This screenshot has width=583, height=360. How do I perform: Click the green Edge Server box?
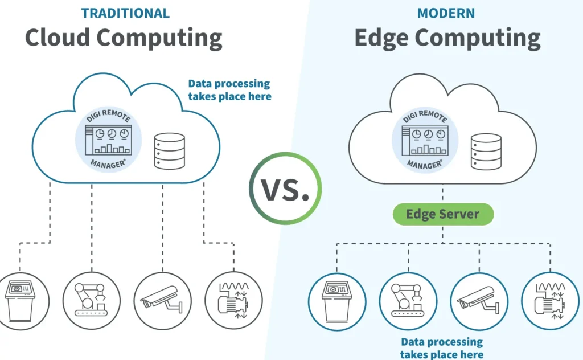coord(442,214)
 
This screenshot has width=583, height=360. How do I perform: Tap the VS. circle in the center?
coord(285,189)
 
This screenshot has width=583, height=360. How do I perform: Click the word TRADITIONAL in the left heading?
coord(125,13)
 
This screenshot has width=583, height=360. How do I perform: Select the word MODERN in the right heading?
coord(447,13)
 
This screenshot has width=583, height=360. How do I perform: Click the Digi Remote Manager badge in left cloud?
coord(108,139)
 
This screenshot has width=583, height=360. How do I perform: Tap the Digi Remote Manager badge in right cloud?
coord(424,139)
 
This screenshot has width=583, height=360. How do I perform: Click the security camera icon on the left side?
coord(162,301)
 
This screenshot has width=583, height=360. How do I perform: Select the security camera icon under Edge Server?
coord(479,301)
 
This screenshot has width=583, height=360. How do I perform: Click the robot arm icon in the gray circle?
coord(91,301)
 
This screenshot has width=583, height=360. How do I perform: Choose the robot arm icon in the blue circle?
coord(408,301)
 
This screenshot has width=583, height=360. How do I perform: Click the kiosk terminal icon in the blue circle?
coord(337,301)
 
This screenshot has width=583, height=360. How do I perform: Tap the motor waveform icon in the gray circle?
coord(232,301)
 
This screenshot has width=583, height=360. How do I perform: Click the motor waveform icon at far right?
coord(550,301)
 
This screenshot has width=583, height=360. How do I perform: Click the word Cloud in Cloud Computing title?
coord(56,38)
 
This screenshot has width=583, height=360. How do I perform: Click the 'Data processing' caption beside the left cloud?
coord(229,89)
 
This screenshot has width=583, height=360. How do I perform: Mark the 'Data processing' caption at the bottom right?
coord(441,348)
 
